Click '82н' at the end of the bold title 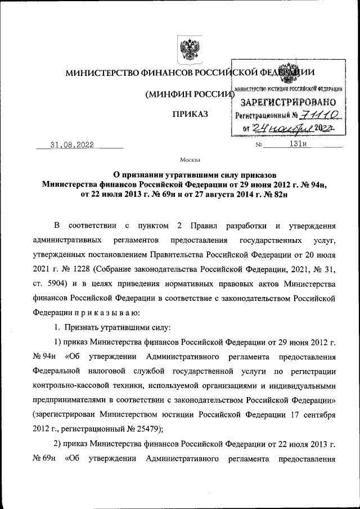point(282,195)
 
